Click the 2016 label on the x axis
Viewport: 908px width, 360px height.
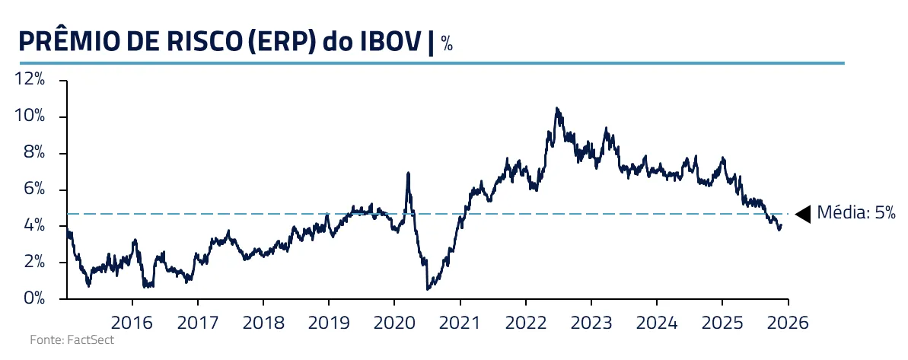point(132,321)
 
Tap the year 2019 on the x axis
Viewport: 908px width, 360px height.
point(329,321)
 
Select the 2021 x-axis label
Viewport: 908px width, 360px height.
point(460,321)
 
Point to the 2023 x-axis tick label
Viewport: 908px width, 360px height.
point(591,321)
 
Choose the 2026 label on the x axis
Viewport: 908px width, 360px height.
point(788,321)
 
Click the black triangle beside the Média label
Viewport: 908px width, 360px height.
point(803,213)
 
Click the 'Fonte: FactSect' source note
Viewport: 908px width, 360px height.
point(72,340)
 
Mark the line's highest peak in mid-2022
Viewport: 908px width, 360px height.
point(557,109)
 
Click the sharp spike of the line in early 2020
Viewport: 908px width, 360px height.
point(409,174)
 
